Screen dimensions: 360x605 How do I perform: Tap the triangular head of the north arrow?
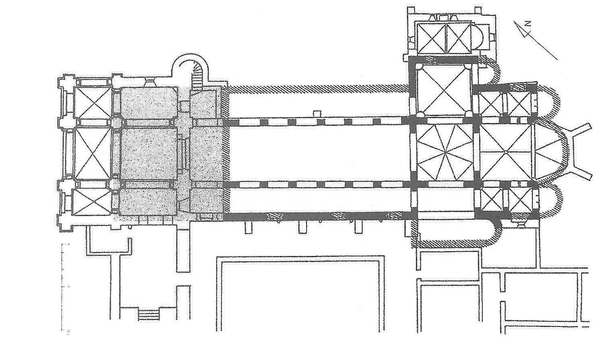(524, 32)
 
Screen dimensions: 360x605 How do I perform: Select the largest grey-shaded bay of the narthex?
(149, 153)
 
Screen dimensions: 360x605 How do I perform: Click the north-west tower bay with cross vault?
(94, 102)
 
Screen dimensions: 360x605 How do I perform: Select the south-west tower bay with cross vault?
(94, 202)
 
